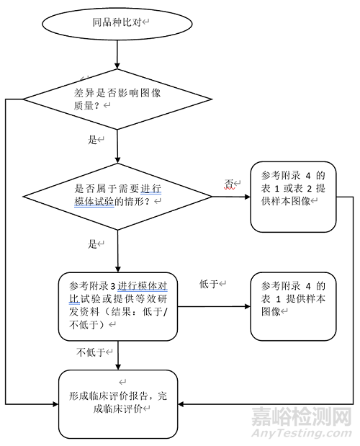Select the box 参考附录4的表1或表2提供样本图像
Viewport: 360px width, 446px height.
293,196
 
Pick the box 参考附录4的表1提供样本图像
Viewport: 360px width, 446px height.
293,307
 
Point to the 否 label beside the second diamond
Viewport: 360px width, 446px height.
229,184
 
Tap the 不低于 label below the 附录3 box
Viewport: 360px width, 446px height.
90,352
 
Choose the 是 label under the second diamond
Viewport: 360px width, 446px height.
92,244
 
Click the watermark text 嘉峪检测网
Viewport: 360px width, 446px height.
301,418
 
